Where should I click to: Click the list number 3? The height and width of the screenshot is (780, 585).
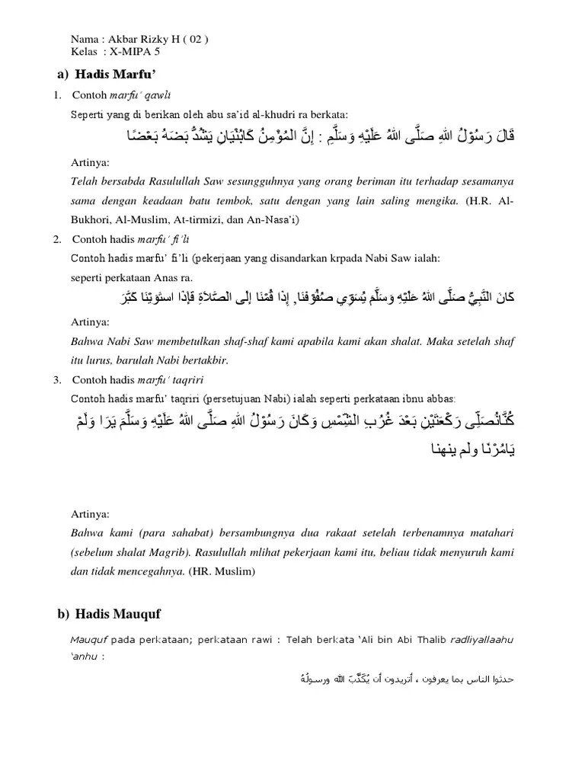pos(57,379)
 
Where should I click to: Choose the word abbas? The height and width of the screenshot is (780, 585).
pos(438,398)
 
